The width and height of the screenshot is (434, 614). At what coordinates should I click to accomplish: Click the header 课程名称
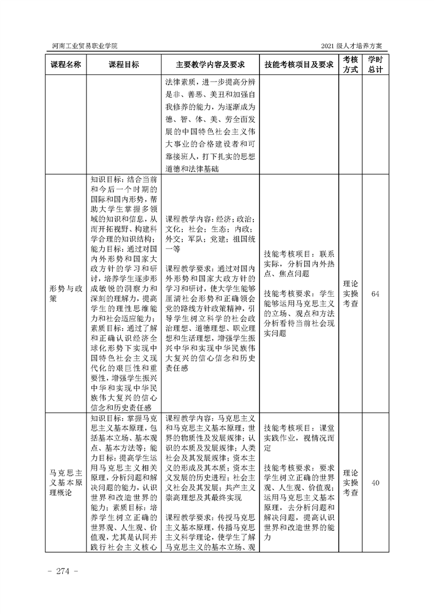[x=66, y=65]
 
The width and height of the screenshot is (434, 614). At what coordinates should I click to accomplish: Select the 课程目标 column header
[x=124, y=65]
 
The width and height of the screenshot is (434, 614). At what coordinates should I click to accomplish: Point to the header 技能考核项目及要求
[x=299, y=65]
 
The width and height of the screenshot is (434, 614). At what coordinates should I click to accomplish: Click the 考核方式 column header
[x=350, y=65]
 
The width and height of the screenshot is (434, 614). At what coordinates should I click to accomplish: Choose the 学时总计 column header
[x=375, y=65]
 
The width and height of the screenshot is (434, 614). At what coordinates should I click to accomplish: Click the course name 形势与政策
[x=66, y=294]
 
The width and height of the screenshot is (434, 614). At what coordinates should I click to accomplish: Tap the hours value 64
[x=375, y=294]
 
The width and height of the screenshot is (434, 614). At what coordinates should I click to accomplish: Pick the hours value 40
[x=375, y=483]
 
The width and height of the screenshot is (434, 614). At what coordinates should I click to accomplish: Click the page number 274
[x=65, y=572]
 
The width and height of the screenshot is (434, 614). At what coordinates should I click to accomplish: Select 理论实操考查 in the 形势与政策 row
[x=350, y=294]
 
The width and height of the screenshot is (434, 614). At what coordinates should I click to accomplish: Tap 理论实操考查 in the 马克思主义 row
[x=350, y=483]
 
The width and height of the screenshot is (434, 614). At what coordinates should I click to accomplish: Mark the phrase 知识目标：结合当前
[x=124, y=179]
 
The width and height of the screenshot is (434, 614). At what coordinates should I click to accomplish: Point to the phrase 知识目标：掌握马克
[x=124, y=419]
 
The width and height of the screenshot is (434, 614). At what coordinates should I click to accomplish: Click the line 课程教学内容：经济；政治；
[x=209, y=216]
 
